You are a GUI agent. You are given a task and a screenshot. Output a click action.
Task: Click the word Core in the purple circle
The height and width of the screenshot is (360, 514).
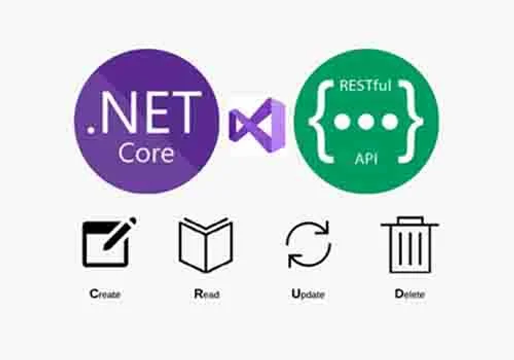tap(146, 153)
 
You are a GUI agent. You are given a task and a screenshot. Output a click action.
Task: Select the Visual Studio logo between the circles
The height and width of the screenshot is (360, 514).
tap(258, 125)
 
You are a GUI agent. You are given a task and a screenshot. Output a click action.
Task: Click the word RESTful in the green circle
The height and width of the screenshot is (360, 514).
tap(366, 85)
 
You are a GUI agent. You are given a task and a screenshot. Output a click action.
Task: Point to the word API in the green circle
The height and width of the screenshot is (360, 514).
tap(366, 159)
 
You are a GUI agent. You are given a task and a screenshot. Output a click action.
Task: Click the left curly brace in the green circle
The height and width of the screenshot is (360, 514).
tap(321, 122)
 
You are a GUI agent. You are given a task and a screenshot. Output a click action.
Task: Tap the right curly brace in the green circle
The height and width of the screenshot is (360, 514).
tap(411, 122)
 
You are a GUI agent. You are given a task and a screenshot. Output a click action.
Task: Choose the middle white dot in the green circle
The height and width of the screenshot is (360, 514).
tap(366, 122)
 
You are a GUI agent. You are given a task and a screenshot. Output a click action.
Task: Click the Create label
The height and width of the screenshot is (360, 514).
tap(105, 294)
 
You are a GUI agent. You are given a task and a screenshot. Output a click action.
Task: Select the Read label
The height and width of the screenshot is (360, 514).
tap(206, 294)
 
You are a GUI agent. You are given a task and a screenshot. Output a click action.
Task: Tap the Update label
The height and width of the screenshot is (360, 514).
tap(308, 294)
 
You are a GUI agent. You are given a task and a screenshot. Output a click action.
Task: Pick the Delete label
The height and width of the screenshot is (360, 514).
tap(410, 294)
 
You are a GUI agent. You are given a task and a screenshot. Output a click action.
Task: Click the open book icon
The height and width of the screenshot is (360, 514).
tap(206, 245)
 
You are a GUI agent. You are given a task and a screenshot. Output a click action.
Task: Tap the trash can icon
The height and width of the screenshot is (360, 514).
tap(410, 245)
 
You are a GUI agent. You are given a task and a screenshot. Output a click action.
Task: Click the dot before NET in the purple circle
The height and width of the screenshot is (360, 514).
tap(91, 130)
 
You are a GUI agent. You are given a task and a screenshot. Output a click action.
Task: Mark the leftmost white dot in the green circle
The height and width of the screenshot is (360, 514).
tap(342, 122)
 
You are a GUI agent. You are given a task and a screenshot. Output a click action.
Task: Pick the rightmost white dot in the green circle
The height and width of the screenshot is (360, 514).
tap(390, 122)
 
